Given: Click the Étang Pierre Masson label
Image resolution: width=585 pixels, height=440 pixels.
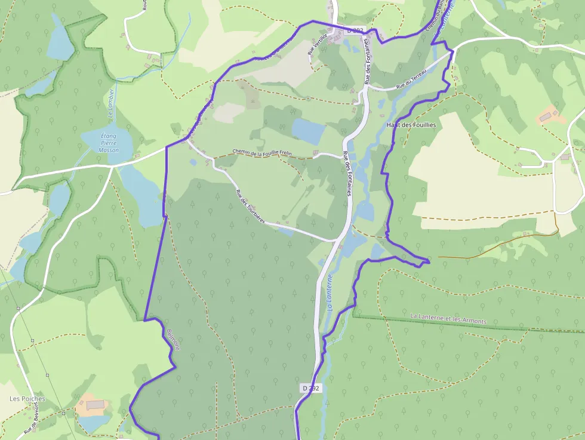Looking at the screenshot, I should click(x=109, y=143).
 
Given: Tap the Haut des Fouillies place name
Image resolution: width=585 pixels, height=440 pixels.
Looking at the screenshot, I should click(x=411, y=125).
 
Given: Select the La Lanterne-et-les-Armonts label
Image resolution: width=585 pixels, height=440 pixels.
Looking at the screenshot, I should click(x=448, y=318).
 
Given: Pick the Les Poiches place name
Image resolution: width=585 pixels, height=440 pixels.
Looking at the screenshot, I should click(x=27, y=399).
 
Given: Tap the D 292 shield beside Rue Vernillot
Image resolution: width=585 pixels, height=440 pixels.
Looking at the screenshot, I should click(x=355, y=30).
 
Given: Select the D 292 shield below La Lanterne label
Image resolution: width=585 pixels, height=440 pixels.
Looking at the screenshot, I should click(x=311, y=388).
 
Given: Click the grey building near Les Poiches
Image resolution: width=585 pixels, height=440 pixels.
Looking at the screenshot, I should click(x=95, y=405).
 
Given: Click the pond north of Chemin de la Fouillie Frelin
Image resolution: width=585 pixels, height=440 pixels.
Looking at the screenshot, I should click(x=308, y=131).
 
